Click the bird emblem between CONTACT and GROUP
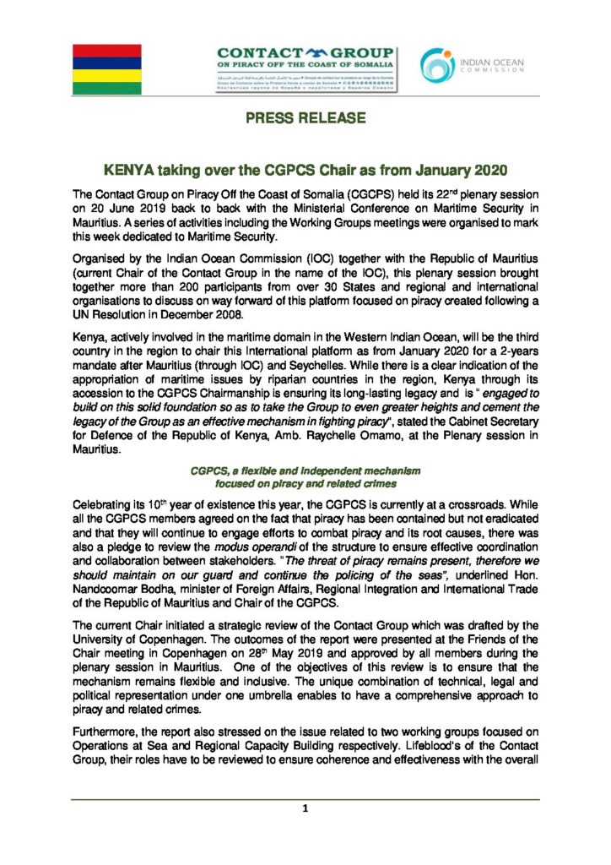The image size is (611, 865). pos(308,52)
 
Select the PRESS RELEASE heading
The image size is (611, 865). pos(305,118)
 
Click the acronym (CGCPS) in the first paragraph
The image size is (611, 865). pos(347,194)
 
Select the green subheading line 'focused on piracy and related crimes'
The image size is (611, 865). pos(305,484)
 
